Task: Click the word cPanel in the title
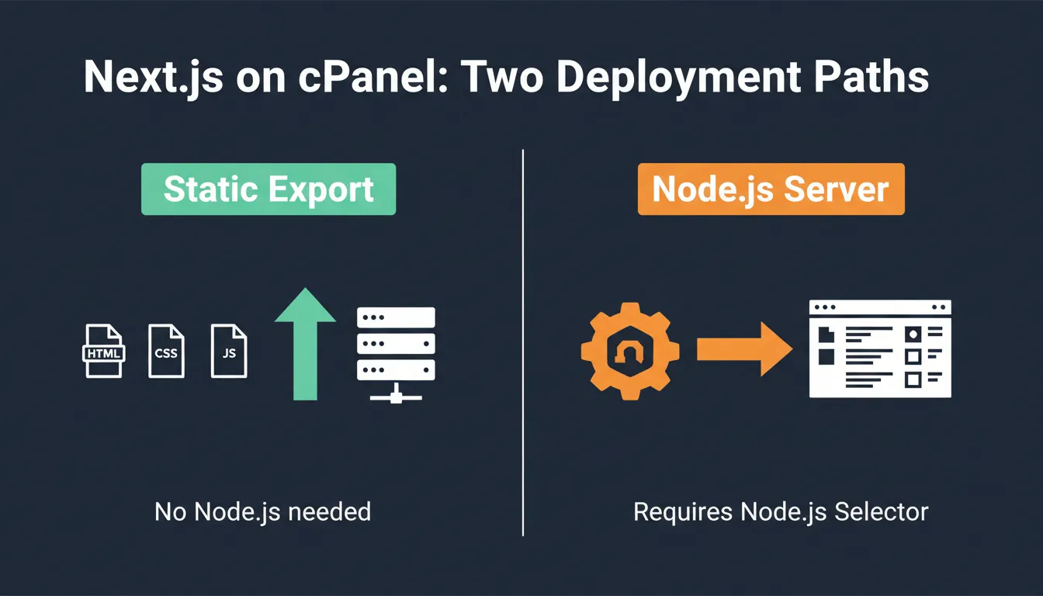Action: [x=372, y=77]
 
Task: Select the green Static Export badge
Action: [x=269, y=189]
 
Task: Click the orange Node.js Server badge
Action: [x=771, y=189]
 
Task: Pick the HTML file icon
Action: [x=104, y=351]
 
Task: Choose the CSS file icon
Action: [x=166, y=351]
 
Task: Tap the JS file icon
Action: [x=229, y=351]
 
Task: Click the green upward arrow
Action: [x=305, y=344]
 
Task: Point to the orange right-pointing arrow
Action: [x=744, y=349]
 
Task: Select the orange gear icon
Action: [x=630, y=351]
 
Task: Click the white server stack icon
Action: [x=397, y=355]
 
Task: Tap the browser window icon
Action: [x=880, y=348]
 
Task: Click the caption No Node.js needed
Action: [x=262, y=511]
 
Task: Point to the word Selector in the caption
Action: [x=881, y=511]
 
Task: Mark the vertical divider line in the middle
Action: [x=523, y=343]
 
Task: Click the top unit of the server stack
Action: [x=397, y=317]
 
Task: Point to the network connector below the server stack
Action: [x=397, y=394]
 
